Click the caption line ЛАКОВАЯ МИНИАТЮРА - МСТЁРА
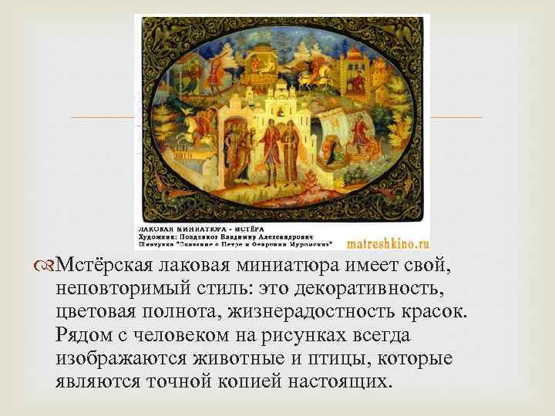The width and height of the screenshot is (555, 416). point(183,230)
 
